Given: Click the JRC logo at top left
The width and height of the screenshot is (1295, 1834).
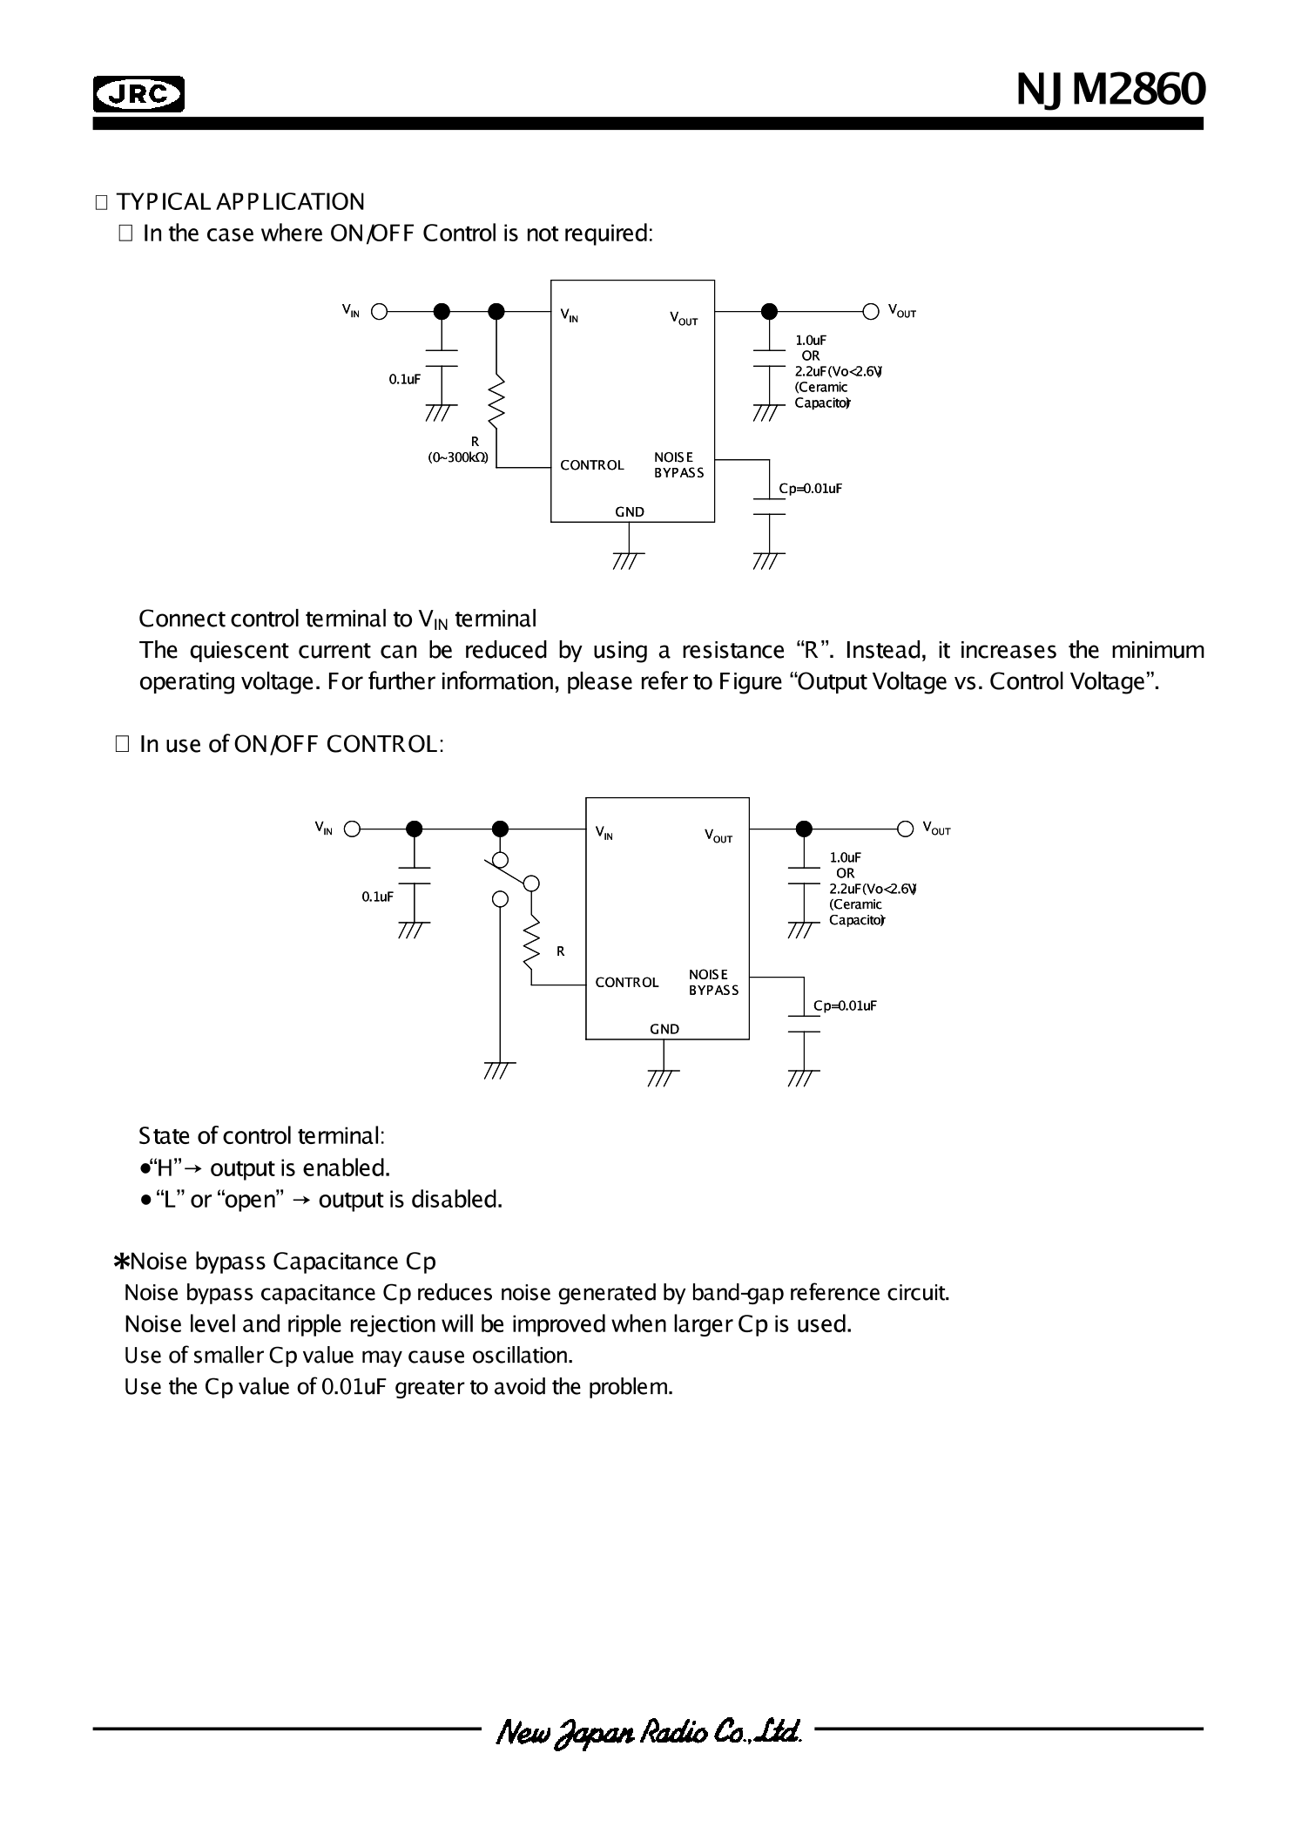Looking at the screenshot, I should pyautogui.click(x=138, y=94).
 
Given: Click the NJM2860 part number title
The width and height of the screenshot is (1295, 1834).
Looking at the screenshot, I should pyautogui.click(x=1110, y=89).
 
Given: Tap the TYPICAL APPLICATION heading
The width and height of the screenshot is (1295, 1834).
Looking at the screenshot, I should pyautogui.click(x=239, y=202).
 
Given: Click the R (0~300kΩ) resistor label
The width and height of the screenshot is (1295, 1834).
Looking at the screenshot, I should pyautogui.click(x=459, y=450).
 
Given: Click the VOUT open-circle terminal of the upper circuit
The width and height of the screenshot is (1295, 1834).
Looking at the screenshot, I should pyautogui.click(x=870, y=311).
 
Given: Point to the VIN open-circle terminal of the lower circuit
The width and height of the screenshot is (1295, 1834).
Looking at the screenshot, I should pyautogui.click(x=352, y=829).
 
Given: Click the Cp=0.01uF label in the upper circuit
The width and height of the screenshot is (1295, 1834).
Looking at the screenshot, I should pyautogui.click(x=810, y=489).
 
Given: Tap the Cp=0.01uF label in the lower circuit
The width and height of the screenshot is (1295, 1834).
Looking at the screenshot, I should pyautogui.click(x=845, y=1005).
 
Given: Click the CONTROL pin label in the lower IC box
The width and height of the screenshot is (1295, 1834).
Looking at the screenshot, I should pyautogui.click(x=627, y=983).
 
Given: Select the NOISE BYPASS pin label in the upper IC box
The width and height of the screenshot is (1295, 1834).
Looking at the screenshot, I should pyautogui.click(x=678, y=465).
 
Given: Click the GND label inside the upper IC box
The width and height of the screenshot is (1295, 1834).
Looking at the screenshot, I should pyautogui.click(x=630, y=512).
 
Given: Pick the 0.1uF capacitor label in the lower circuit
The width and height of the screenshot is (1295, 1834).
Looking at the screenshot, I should pyautogui.click(x=377, y=897).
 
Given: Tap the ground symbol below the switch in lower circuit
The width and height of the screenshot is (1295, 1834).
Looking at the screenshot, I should pyautogui.click(x=500, y=1070).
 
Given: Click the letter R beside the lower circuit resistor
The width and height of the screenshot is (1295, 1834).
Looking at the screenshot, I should pyautogui.click(x=561, y=951).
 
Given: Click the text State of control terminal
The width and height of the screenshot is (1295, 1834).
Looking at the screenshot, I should pyautogui.click(x=261, y=1136).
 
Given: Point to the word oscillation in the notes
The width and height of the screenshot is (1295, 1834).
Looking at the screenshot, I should pyautogui.click(x=522, y=1356).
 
